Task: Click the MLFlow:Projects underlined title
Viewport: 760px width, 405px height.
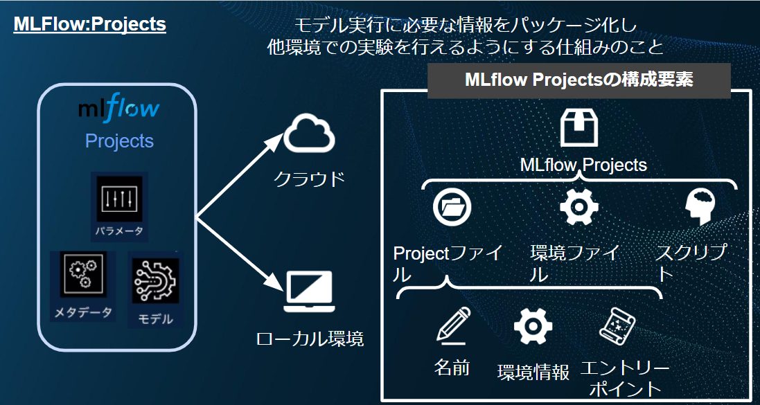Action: (90, 24)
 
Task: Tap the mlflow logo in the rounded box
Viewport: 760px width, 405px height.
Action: (118, 107)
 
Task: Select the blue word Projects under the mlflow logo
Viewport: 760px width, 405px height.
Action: (119, 141)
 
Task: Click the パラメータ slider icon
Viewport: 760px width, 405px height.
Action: (119, 199)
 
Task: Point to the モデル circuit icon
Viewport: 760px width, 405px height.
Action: (156, 281)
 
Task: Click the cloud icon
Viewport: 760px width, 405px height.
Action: (309, 135)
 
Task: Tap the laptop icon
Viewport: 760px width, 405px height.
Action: (309, 291)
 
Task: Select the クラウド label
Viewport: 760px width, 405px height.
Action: (309, 180)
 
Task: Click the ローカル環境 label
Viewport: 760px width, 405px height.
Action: (310, 339)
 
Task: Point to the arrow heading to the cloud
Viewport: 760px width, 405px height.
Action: (240, 176)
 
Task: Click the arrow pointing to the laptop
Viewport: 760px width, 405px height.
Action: (240, 255)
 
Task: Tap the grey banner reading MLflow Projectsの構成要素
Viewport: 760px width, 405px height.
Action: (578, 80)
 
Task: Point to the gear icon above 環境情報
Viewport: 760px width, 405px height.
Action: (533, 325)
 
